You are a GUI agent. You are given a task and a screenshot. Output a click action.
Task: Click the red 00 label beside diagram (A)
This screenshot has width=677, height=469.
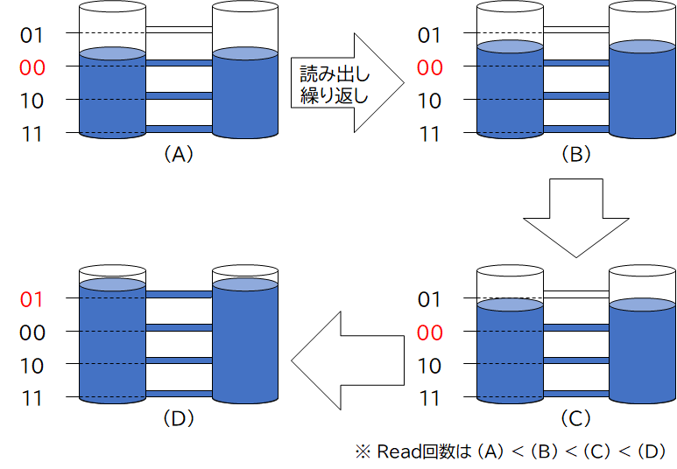pyautogui.click(x=32, y=67)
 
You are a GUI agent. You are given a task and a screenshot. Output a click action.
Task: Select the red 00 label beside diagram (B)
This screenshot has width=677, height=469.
pyautogui.click(x=429, y=67)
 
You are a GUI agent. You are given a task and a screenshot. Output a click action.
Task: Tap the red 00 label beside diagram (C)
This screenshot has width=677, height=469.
pyautogui.click(x=429, y=332)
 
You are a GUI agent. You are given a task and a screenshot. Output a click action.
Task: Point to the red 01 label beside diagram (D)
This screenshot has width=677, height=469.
pyautogui.click(x=32, y=299)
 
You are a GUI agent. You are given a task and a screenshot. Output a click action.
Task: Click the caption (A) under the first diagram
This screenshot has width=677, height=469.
pyautogui.click(x=178, y=155)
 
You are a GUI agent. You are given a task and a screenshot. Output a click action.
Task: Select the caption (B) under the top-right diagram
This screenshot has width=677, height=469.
pyautogui.click(x=575, y=155)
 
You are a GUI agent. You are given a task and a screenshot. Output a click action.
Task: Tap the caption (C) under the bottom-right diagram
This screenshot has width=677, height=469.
pyautogui.click(x=575, y=420)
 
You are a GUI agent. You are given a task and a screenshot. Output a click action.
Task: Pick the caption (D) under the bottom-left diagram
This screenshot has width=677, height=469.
pyautogui.click(x=178, y=420)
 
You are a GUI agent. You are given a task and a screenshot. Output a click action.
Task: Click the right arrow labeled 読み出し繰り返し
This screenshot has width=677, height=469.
pyautogui.click(x=342, y=83)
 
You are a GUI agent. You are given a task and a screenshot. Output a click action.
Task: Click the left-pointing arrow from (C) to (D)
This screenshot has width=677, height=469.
pyautogui.click(x=346, y=360)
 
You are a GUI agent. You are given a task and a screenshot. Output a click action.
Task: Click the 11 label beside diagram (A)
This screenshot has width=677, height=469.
pyautogui.click(x=32, y=133)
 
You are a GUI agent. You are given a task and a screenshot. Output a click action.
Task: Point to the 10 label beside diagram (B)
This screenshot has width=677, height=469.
pyautogui.click(x=429, y=101)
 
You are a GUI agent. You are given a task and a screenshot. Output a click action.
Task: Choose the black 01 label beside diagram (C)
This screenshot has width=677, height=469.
pyautogui.click(x=429, y=300)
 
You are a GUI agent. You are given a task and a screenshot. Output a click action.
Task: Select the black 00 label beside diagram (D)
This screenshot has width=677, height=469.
pyautogui.click(x=32, y=332)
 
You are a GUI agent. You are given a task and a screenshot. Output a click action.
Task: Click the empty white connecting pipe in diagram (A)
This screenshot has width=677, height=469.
pyautogui.click(x=179, y=30)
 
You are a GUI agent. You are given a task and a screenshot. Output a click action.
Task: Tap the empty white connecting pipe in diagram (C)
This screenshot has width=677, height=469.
pyautogui.click(x=575, y=294)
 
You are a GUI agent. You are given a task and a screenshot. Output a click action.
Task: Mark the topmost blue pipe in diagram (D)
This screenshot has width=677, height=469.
pyautogui.click(x=179, y=295)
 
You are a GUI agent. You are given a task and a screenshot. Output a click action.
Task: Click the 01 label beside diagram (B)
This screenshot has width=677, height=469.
pyautogui.click(x=429, y=35)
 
